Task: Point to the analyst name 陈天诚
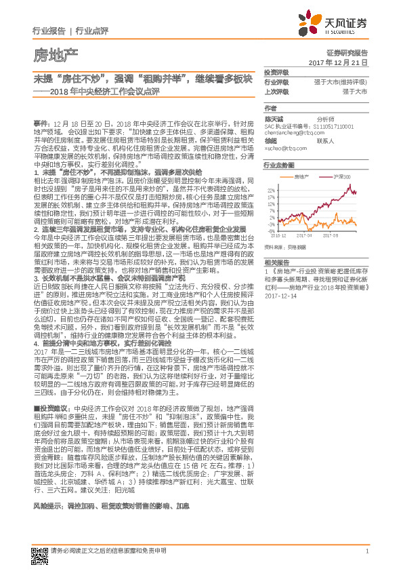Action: (274, 118)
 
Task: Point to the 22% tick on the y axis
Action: (272, 190)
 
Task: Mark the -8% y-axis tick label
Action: (272, 231)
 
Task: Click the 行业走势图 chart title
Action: (278, 165)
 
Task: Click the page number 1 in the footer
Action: (366, 551)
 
